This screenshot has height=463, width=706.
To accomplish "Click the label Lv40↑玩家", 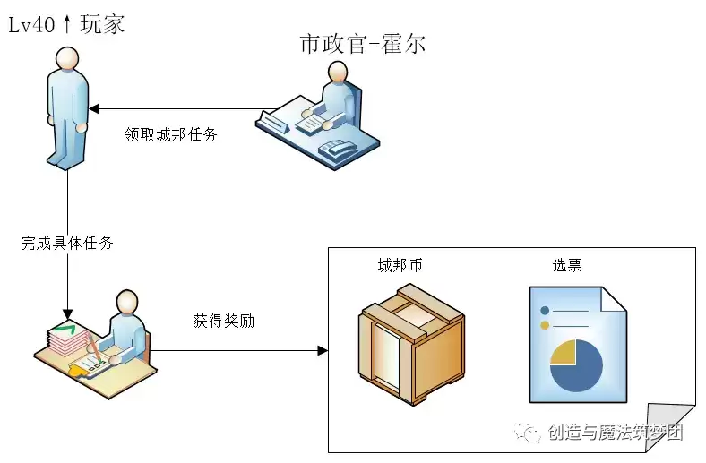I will click(x=66, y=23).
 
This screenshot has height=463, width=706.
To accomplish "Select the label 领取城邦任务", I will click(x=170, y=135).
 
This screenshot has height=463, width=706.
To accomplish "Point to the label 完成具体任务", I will click(x=67, y=243).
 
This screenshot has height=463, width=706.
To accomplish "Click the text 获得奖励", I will click(x=223, y=320).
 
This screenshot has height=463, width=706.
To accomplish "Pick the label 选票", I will click(x=567, y=265).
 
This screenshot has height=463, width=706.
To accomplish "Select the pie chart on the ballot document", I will click(x=575, y=365).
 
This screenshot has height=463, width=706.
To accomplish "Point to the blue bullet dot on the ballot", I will click(x=544, y=311).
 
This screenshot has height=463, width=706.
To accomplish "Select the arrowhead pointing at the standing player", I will click(x=95, y=109).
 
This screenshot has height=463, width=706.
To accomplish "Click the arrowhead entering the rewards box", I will click(x=323, y=349).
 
